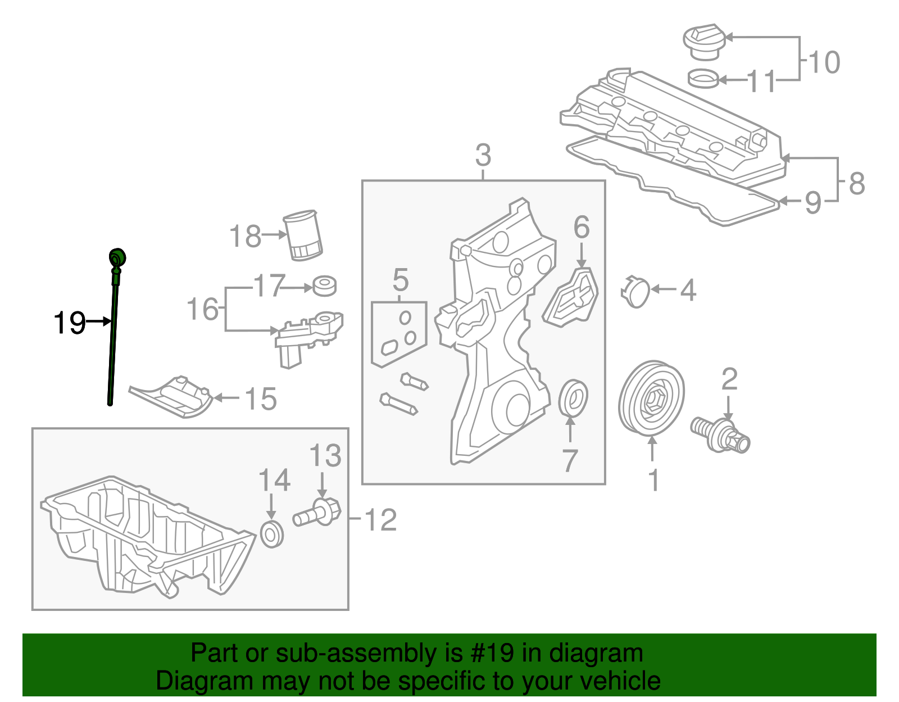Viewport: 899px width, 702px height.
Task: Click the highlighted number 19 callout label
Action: click(x=69, y=323)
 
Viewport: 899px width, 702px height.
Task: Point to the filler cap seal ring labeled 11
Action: click(x=703, y=79)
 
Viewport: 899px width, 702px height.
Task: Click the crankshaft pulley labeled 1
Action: click(x=652, y=398)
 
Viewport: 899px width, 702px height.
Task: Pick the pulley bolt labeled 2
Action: click(x=720, y=434)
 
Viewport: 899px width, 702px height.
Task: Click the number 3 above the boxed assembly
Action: click(x=483, y=155)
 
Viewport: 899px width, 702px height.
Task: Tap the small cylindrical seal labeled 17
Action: click(x=324, y=286)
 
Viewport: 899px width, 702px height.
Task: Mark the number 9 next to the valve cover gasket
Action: click(x=812, y=202)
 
